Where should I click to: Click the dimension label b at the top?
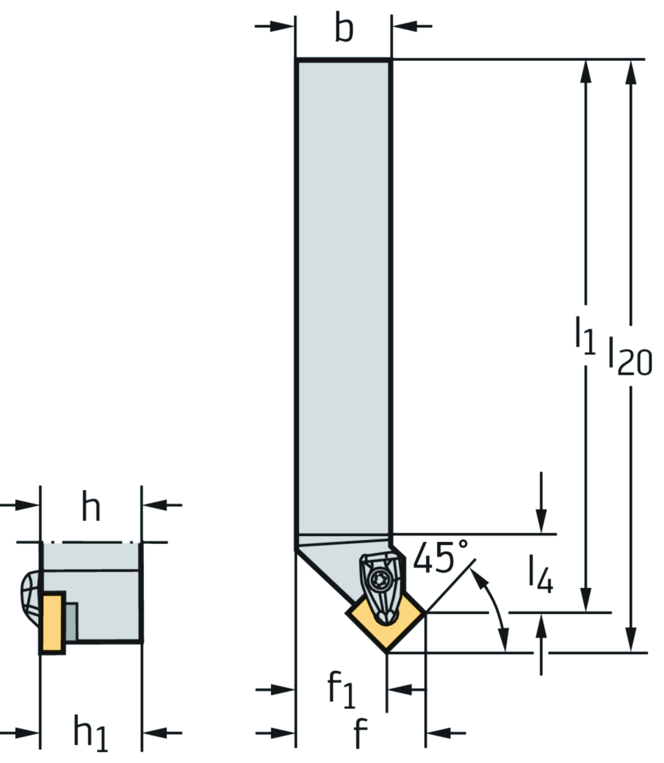pos(344,29)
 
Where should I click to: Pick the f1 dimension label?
pos(341,689)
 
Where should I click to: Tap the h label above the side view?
pos(91,508)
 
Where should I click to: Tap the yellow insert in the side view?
pos(53,622)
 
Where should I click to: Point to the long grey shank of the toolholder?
pos(344,292)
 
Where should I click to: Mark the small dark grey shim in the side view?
pos(71,622)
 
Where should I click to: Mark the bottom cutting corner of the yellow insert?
pos(387,651)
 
